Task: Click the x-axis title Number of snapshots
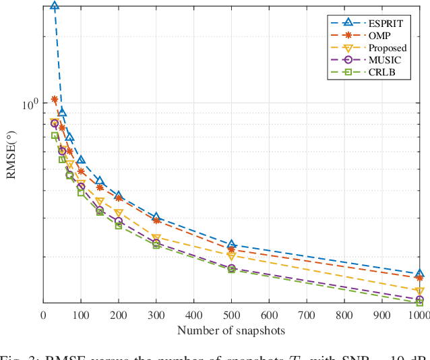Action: coord(231,330)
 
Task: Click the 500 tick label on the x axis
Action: coord(231,315)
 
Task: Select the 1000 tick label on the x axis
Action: coord(419,315)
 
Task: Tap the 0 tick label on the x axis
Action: coord(44,315)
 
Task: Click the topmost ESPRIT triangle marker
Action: coord(55,6)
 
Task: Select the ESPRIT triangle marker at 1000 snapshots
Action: coord(419,274)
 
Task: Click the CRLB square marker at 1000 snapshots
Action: coord(419,303)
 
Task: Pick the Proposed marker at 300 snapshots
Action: coord(156,238)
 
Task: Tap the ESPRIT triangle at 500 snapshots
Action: coord(231,244)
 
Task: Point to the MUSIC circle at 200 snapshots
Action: coord(119,221)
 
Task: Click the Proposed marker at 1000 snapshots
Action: coord(419,291)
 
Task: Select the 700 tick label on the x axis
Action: coord(307,315)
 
